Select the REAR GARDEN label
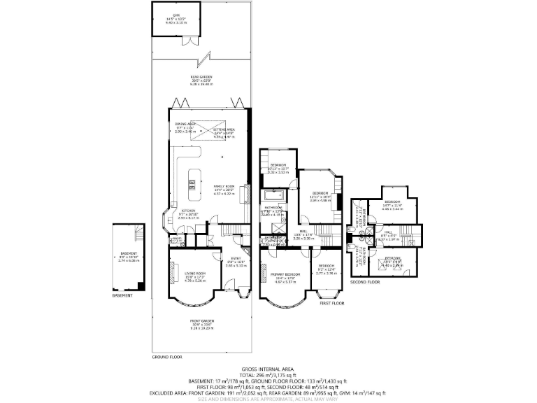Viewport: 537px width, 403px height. (x=203, y=77)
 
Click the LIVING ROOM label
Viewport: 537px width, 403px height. (x=194, y=273)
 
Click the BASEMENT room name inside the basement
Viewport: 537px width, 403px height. (x=129, y=253)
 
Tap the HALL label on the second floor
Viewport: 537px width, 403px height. (x=387, y=234)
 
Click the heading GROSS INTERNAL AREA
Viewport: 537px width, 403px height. (x=268, y=369)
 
